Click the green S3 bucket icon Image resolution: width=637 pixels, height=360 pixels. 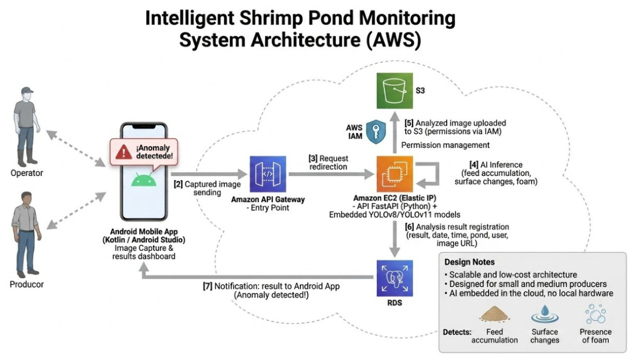pyautogui.click(x=395, y=90)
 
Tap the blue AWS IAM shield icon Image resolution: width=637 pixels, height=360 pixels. pyautogui.click(x=376, y=132)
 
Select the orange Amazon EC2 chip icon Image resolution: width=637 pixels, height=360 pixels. pyautogui.click(x=395, y=174)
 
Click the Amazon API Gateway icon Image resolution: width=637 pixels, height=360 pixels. pyautogui.click(x=267, y=174)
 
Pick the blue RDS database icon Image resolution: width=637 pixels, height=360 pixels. pyautogui.click(x=395, y=278)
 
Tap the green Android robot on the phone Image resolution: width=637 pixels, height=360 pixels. pyautogui.click(x=144, y=179)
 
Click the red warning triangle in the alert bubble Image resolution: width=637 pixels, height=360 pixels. pyautogui.click(x=123, y=153)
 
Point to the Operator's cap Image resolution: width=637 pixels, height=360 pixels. pyautogui.click(x=27, y=90)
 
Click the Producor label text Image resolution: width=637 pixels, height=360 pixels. pyautogui.click(x=27, y=284)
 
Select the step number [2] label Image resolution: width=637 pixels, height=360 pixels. pyautogui.click(x=178, y=184)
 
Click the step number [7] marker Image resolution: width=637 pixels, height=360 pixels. pyautogui.click(x=207, y=286)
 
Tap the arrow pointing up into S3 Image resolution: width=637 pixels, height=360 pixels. pyautogui.click(x=395, y=132)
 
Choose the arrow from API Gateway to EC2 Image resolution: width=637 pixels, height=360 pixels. pyautogui.click(x=331, y=174)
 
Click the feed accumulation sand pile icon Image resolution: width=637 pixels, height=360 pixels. pyautogui.click(x=494, y=314)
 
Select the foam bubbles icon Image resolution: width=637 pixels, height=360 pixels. pyautogui.click(x=596, y=314)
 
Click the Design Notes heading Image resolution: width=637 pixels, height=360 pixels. pyautogui.click(x=470, y=262)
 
